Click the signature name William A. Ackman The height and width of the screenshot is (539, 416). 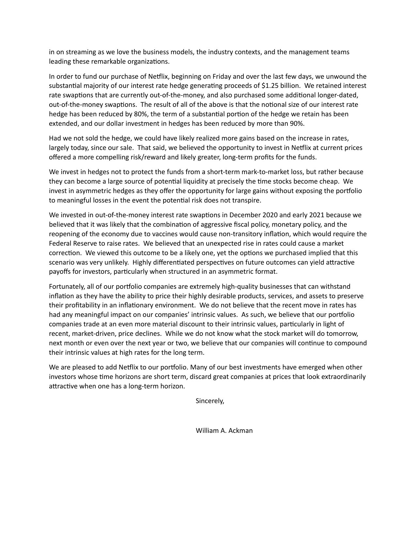point(224,431)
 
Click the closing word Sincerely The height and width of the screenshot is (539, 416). point(209,401)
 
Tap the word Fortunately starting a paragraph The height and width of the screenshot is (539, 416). point(67,286)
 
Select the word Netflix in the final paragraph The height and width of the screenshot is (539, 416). point(130,367)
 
